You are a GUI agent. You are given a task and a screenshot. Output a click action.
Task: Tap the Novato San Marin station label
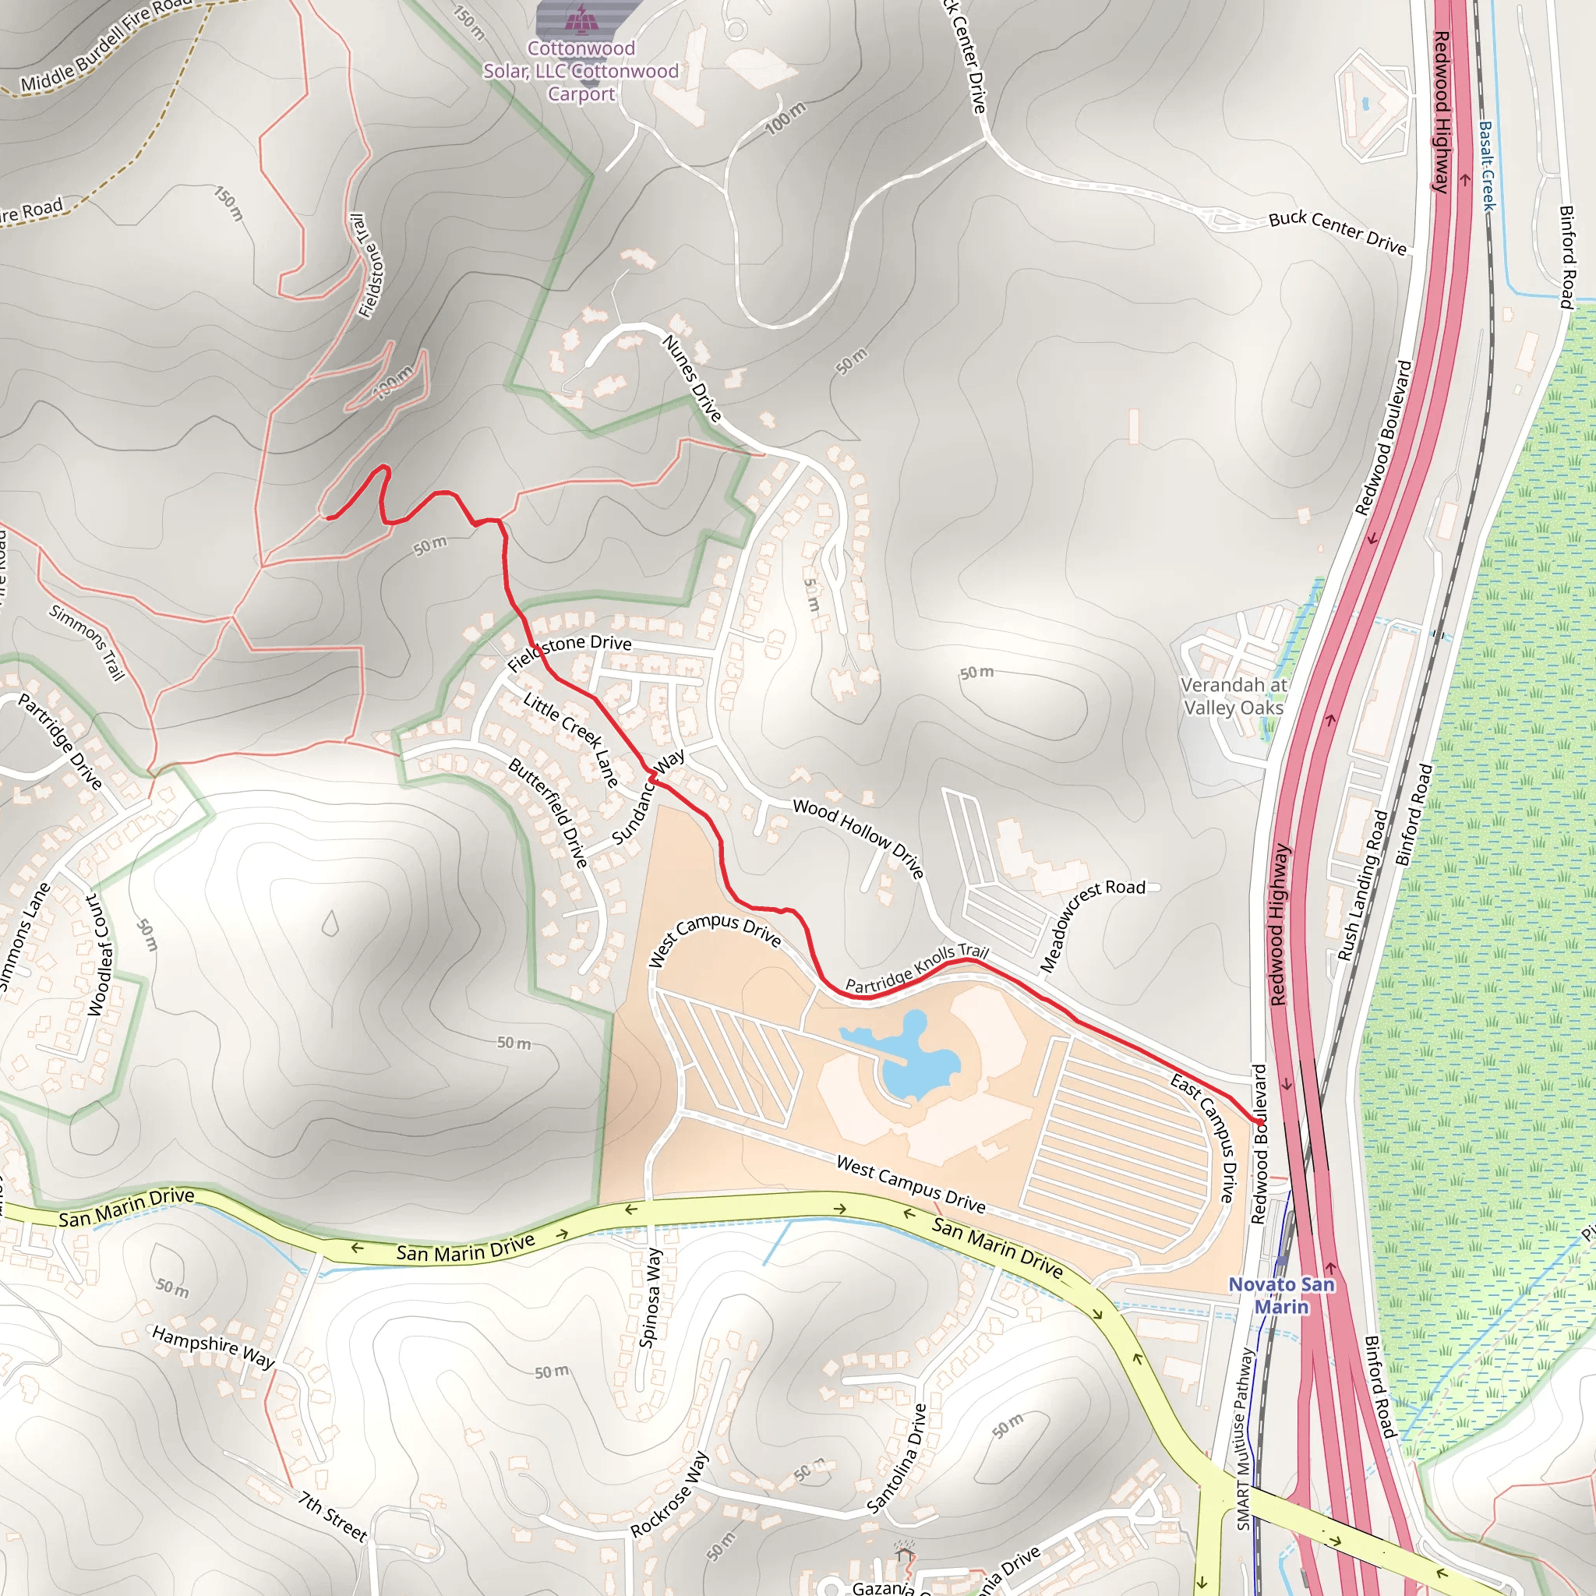coord(1281,1294)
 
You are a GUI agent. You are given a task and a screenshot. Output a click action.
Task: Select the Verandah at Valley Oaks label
coord(1233,696)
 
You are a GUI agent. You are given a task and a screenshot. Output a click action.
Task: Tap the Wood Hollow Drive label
coord(858,837)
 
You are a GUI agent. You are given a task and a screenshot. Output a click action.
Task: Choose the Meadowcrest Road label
coord(1091,926)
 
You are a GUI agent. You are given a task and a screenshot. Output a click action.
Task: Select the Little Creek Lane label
coord(570,739)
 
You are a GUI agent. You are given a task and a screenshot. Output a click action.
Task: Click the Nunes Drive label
coord(692,376)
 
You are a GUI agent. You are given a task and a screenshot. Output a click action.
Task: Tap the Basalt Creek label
coord(1487,165)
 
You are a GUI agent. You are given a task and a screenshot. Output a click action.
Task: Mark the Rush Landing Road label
coord(1363,885)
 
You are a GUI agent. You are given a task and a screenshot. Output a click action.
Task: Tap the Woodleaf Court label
coord(98,955)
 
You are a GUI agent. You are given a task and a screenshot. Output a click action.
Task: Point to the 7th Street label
coord(332,1517)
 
